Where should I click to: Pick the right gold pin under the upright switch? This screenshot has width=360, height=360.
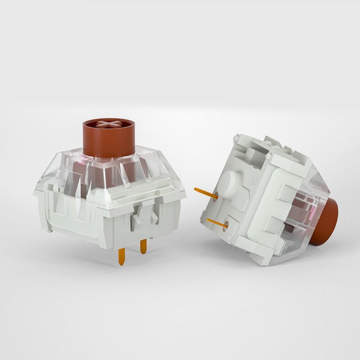coord(143,246)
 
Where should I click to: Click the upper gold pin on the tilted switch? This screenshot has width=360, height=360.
coord(206,192)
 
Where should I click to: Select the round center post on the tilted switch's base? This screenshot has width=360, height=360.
coord(230,183)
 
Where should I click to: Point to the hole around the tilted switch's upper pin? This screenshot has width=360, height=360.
coord(220,197)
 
